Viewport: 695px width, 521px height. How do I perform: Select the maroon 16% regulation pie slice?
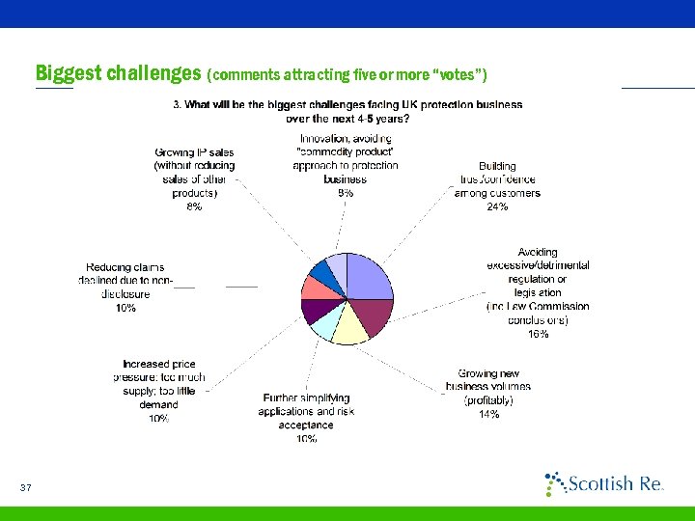[375, 314]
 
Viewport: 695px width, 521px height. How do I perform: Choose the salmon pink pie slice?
[315, 288]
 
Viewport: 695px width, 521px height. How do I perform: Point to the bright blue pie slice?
[323, 271]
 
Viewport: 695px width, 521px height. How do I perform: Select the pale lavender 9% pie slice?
[337, 265]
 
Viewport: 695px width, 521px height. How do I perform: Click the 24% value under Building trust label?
[497, 206]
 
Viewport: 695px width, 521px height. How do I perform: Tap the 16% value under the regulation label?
[538, 334]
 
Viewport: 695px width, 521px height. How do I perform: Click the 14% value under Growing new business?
[488, 414]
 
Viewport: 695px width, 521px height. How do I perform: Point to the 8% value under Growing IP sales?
[194, 206]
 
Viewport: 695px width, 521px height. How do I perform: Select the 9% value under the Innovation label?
[345, 193]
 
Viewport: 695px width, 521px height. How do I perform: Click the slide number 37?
[26, 488]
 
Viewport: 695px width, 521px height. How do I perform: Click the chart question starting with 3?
[347, 111]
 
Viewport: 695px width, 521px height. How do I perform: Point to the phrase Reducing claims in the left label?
[125, 267]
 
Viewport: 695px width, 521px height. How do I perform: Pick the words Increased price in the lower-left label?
[159, 364]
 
